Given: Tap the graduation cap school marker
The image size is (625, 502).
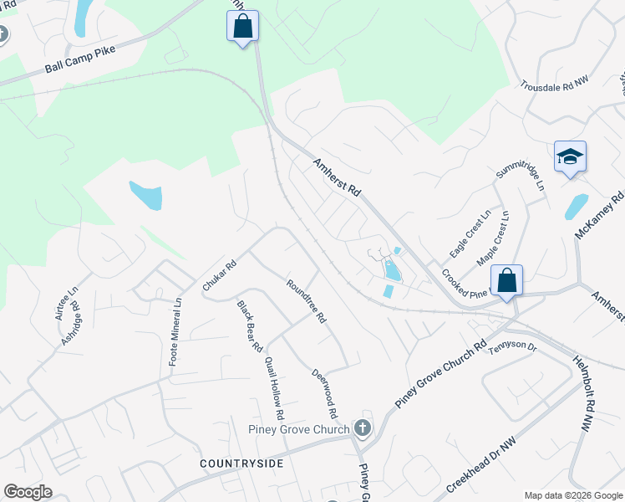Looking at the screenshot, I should point(570,156).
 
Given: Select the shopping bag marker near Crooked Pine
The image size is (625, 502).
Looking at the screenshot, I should point(506,280).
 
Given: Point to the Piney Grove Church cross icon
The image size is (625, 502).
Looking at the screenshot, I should point(362,428).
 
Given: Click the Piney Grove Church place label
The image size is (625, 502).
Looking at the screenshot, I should point(298,430).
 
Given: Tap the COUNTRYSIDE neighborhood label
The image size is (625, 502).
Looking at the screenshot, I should point(241,463).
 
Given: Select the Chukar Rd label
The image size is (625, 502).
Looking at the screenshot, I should point(220,275).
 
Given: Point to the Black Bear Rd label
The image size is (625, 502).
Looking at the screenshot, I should point(249,325).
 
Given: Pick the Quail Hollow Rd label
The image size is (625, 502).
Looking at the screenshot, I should point(274,388).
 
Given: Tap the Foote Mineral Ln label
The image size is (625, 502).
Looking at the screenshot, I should point(175,332).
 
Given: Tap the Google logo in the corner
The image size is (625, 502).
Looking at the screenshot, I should point(28,492).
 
